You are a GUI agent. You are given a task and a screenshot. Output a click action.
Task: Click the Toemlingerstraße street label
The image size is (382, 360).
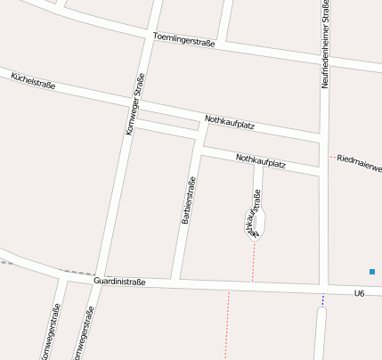click(x=184, y=41)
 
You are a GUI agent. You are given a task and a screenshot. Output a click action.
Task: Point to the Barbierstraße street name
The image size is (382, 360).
click(x=188, y=200)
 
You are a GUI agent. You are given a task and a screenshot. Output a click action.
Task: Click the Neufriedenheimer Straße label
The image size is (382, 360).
click(x=326, y=45)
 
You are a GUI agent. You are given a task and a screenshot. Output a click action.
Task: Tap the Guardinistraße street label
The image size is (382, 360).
click(x=119, y=282)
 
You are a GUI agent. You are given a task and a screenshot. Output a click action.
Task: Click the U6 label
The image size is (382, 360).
click(x=360, y=293)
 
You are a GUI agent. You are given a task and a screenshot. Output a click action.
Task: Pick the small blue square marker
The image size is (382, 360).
click(x=372, y=271)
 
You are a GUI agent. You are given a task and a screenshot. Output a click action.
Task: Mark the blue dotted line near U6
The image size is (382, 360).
click(x=323, y=300)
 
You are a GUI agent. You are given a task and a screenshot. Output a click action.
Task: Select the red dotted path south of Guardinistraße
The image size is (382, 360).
click(x=227, y=325)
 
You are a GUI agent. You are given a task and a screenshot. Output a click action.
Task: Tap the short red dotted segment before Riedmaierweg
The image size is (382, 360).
click(x=332, y=158)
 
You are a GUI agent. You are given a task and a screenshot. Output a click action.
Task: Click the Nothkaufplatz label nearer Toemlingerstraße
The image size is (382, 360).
click(x=230, y=124)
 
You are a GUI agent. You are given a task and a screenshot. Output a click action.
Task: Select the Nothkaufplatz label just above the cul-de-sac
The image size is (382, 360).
click(x=260, y=161)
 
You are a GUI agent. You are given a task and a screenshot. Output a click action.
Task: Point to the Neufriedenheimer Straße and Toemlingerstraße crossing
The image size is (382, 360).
click(x=324, y=61)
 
